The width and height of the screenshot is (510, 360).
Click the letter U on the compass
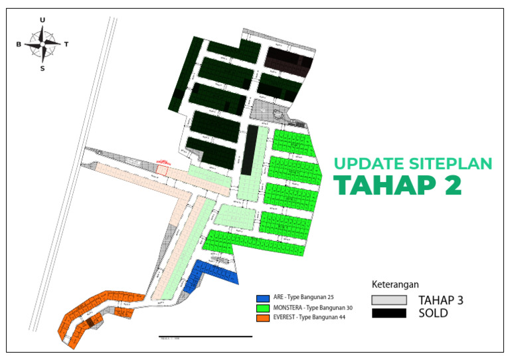(x=43, y=20)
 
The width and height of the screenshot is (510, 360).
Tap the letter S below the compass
(x=42, y=68)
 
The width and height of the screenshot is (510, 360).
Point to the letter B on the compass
(x=19, y=45)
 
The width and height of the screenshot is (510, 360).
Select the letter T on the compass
(x=66, y=45)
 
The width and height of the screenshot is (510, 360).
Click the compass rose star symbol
(x=42, y=44)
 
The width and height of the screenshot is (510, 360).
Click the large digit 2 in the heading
(x=451, y=185)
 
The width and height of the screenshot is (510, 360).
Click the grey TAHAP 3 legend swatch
(x=388, y=300)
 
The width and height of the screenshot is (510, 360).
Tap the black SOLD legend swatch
(x=388, y=313)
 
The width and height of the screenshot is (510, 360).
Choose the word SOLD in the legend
(x=433, y=313)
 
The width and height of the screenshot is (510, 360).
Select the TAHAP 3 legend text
(x=440, y=300)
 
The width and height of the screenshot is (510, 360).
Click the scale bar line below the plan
(x=205, y=337)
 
